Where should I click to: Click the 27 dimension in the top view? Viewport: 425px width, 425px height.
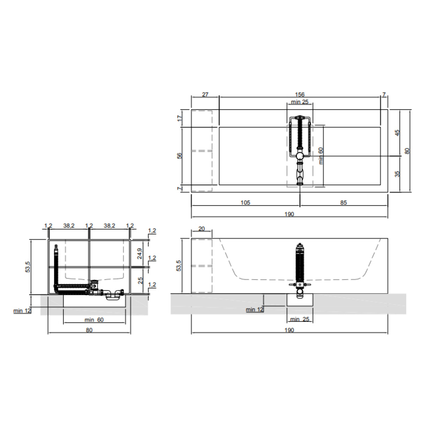tap(205, 94)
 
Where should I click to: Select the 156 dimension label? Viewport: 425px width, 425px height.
tap(299, 94)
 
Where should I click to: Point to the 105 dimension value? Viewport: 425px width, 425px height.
tap(245, 203)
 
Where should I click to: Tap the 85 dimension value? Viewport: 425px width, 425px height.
tap(343, 203)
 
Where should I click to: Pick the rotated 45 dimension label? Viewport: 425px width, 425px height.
tap(397, 133)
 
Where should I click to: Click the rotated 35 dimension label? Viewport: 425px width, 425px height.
tap(397, 174)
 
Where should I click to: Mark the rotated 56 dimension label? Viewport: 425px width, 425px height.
tap(180, 156)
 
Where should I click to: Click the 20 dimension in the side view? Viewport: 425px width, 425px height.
tap(201, 229)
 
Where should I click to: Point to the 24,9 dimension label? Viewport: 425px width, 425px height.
tap(140, 254)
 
